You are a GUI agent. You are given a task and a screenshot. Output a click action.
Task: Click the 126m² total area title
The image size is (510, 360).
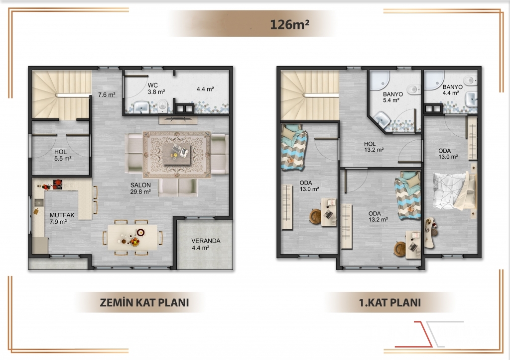[289, 24]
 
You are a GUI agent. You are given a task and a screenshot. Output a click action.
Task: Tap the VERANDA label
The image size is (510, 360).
[206, 241]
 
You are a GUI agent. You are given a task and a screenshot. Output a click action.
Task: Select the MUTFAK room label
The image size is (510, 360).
[62, 215]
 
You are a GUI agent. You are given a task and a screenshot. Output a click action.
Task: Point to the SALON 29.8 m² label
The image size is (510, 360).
[140, 188]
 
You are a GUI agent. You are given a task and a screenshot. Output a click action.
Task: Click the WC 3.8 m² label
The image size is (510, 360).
[156, 89]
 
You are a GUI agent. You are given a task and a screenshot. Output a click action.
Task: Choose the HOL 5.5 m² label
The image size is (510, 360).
[63, 155]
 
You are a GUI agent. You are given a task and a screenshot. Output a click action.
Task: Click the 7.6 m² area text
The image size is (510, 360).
[107, 95]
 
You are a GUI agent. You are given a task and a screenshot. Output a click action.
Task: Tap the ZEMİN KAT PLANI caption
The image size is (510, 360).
[144, 302]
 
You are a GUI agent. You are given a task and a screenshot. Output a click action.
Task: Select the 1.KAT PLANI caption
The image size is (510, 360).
[389, 302]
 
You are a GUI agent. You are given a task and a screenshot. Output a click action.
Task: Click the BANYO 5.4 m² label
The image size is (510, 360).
[392, 97]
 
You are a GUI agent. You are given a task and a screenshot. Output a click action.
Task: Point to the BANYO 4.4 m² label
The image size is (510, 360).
[452, 90]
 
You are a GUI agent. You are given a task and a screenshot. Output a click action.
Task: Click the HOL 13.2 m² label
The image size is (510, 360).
[374, 147]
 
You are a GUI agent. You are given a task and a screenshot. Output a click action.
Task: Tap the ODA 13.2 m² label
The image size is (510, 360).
[378, 216]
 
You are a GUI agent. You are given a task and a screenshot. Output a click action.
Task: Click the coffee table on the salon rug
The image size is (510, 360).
[177, 154]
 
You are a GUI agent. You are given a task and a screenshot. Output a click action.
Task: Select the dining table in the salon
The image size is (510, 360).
[132, 237]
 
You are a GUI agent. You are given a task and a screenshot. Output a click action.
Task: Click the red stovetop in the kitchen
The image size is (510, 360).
[57, 184]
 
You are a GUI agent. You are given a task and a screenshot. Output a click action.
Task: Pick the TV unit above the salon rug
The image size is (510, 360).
[178, 119]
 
